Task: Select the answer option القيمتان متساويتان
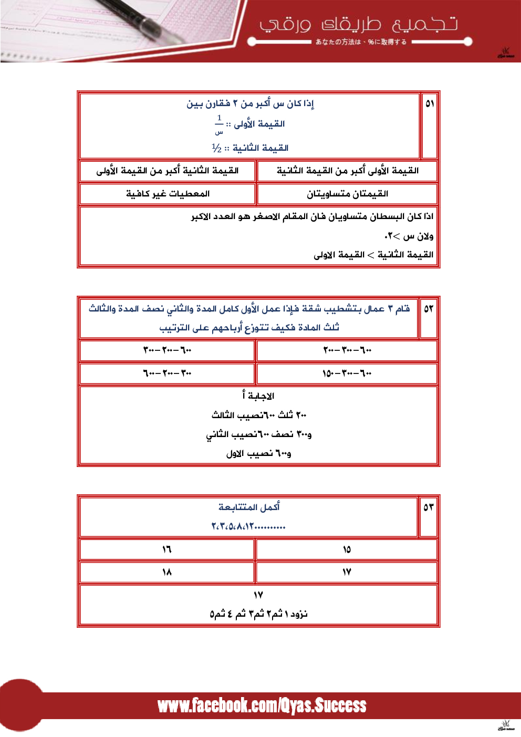[x=347, y=194]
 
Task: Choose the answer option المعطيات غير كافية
[x=168, y=194]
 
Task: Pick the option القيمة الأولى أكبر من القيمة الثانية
[x=347, y=171]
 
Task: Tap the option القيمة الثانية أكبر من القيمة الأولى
[x=168, y=171]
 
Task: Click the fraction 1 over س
[x=219, y=124]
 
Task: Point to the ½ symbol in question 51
[x=216, y=148]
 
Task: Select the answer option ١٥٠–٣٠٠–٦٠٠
[x=347, y=373]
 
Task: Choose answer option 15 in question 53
[x=347, y=549]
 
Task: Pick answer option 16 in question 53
[x=167, y=549]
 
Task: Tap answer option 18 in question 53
[x=167, y=572]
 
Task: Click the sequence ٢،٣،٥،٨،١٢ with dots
[x=248, y=526]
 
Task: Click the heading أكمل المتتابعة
[x=249, y=507]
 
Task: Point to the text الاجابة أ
[x=258, y=396]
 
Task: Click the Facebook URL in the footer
[x=262, y=705]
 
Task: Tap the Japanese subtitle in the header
[x=361, y=42]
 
